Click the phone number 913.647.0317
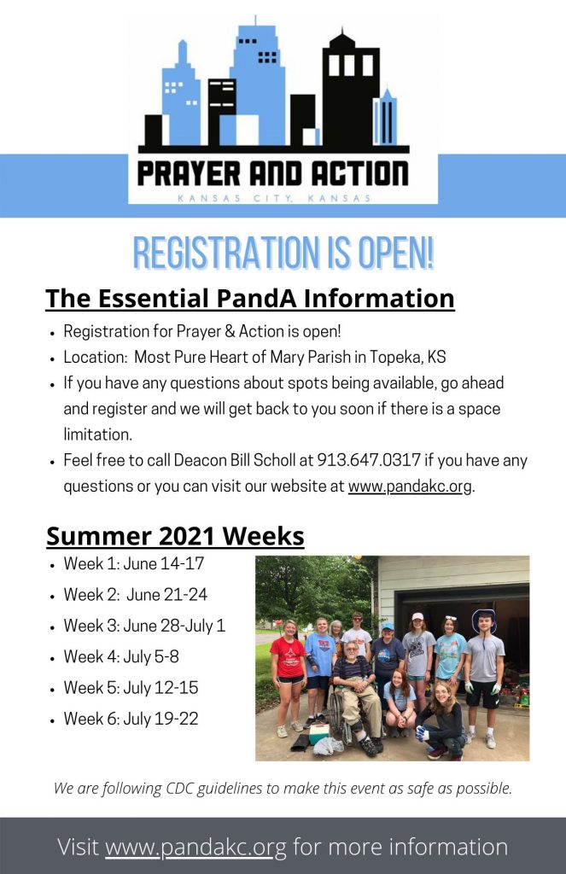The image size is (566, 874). pyautogui.click(x=369, y=460)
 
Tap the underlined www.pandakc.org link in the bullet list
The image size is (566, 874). pyautogui.click(x=410, y=486)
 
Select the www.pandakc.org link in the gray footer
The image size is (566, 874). pyautogui.click(x=195, y=848)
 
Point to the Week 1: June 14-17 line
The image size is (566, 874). pyautogui.click(x=134, y=563)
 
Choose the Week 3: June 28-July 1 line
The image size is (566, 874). pyautogui.click(x=144, y=626)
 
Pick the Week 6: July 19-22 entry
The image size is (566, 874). pyautogui.click(x=131, y=719)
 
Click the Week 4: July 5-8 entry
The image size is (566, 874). pyautogui.click(x=121, y=656)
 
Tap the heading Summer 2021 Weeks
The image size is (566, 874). pyautogui.click(x=175, y=536)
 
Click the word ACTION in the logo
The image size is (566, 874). pyautogui.click(x=359, y=174)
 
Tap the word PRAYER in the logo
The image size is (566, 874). pyautogui.click(x=190, y=174)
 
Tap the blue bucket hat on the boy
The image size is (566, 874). pyautogui.click(x=484, y=619)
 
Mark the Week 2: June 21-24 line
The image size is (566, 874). pyautogui.click(x=136, y=595)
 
